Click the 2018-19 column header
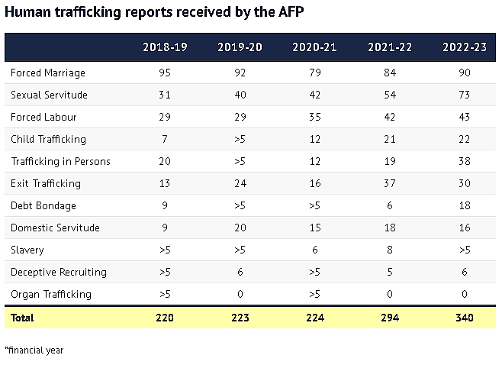165,47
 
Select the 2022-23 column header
465,47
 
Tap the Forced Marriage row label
48,73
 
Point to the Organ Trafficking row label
51,295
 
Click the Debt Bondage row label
43,205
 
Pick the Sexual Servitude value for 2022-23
465,95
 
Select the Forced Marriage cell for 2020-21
315,73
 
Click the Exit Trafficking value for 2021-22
390,183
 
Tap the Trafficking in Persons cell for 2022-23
465,161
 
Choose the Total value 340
465,318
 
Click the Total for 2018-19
165,318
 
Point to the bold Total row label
22,318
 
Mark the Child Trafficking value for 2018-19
165,139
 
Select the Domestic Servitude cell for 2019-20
240,228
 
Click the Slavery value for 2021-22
390,250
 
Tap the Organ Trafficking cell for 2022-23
465,294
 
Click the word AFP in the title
291,12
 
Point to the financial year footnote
34,350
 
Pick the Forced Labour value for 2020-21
315,117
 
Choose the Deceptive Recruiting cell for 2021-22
390,272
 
